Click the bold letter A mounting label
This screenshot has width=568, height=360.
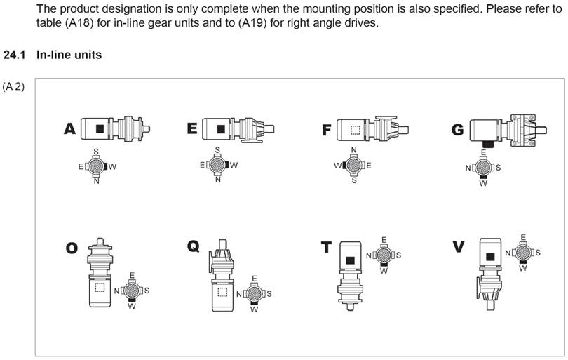(69, 128)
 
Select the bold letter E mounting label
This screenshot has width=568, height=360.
(192, 128)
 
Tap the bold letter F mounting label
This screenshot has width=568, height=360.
(326, 130)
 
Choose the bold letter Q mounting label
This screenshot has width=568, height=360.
(194, 246)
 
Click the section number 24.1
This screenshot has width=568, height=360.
(14, 55)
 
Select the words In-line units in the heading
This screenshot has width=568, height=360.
(69, 55)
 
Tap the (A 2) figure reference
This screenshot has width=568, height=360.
(13, 86)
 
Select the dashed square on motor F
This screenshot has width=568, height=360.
(356, 129)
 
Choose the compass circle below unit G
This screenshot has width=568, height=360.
(482, 168)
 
